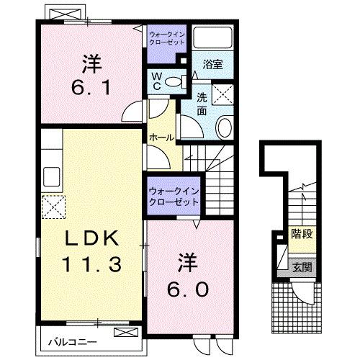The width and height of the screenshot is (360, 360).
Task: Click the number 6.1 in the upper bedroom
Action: tap(89, 86)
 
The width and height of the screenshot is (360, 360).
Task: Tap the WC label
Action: tap(156, 81)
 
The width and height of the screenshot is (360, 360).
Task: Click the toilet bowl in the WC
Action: tap(174, 82)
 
